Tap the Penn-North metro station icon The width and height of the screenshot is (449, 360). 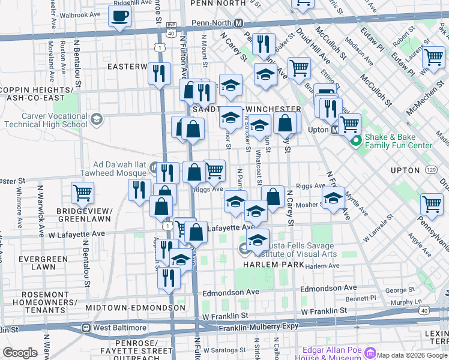click(238, 23)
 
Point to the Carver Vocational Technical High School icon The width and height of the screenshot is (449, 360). click(96, 120)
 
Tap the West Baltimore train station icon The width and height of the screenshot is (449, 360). click(86, 328)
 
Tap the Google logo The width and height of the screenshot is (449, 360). click(20, 353)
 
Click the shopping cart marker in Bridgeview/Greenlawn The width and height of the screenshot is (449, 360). click(83, 193)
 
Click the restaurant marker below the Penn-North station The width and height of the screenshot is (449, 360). click(263, 43)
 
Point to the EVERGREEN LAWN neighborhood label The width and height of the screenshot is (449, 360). click(37, 263)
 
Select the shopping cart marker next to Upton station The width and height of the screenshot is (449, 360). click(349, 125)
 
